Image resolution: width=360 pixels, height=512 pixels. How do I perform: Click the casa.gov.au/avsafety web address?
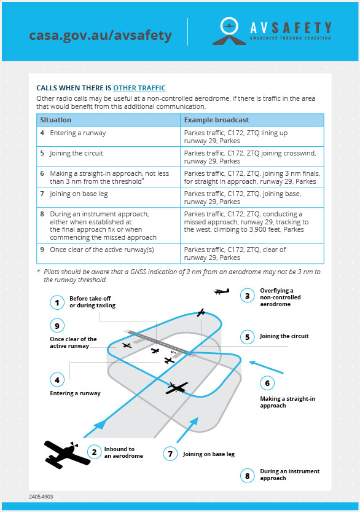pyautogui.click(x=101, y=36)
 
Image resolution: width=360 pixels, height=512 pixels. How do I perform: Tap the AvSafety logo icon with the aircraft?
pyautogui.click(x=229, y=31)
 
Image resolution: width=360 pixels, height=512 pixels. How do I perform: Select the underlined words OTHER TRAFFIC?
pyautogui.click(x=139, y=88)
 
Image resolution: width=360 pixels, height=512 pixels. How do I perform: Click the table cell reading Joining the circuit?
pyautogui.click(x=108, y=157)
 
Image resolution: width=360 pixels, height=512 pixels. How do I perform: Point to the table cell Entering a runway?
pyautogui.click(x=108, y=136)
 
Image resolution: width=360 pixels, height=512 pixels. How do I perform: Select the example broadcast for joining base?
pyautogui.click(x=252, y=197)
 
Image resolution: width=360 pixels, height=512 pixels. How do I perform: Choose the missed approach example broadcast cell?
pyautogui.click(x=252, y=226)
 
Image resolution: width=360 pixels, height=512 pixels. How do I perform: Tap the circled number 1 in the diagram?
pyautogui.click(x=57, y=302)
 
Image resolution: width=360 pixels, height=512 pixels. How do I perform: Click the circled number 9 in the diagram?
pyautogui.click(x=57, y=326)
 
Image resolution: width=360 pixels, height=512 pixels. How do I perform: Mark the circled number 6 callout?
pyautogui.click(x=267, y=383)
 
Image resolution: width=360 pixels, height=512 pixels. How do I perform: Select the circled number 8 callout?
pyautogui.click(x=248, y=476)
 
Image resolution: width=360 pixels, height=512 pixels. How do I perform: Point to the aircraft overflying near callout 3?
pyautogui.click(x=222, y=291)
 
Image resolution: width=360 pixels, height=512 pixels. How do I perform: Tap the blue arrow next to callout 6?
pyautogui.click(x=267, y=367)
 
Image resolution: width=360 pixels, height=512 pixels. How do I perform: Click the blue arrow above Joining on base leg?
pyautogui.click(x=187, y=430)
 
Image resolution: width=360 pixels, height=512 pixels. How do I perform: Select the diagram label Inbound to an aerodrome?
pyautogui.click(x=123, y=452)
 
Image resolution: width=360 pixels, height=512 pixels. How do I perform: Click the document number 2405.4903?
pyautogui.click(x=41, y=497)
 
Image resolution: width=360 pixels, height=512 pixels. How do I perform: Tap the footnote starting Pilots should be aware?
pyautogui.click(x=179, y=275)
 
